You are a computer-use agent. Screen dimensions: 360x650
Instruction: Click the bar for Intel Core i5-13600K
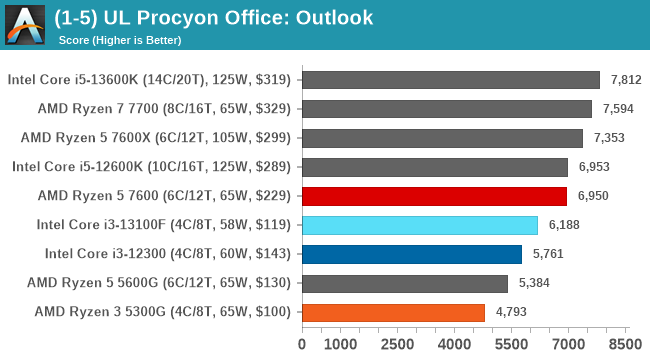tap(450, 80)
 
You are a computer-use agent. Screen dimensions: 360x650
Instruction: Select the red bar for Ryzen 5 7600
tap(433, 196)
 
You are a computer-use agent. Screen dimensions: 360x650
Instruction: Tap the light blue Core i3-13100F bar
tap(419, 225)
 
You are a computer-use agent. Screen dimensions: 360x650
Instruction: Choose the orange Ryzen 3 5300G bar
tap(393, 312)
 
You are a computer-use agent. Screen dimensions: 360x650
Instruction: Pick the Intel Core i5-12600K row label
tap(151, 167)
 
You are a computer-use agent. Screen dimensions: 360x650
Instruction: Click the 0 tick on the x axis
tap(302, 345)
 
